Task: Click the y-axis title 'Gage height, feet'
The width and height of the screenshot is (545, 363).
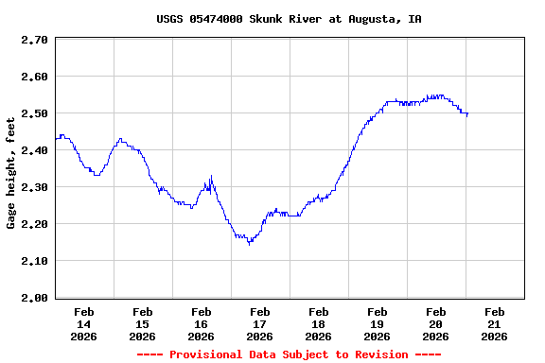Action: (11, 180)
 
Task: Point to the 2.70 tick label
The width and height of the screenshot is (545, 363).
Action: (34, 40)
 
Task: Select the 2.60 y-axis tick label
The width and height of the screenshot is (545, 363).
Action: (34, 77)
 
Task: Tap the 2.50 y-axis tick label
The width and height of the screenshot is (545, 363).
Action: (34, 113)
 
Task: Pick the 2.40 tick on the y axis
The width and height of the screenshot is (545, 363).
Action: (34, 150)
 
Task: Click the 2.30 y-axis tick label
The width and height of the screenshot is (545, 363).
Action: (34, 187)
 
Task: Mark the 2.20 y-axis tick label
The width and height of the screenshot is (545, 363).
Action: (34, 224)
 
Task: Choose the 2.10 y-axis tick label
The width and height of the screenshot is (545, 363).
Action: (34, 261)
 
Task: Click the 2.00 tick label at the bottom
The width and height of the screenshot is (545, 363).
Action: (34, 298)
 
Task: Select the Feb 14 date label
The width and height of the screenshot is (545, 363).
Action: (84, 323)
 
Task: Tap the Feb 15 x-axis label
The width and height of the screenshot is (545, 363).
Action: (143, 323)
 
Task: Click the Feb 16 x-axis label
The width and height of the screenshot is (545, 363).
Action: (202, 323)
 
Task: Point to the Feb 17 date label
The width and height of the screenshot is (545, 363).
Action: (260, 323)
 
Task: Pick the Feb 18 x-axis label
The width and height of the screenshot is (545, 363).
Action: (319, 323)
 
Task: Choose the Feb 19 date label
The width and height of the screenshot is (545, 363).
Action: (378, 323)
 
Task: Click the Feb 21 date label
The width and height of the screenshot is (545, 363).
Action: (495, 323)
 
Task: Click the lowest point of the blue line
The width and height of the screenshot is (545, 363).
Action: (249, 244)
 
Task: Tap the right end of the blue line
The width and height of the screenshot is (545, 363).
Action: (467, 113)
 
